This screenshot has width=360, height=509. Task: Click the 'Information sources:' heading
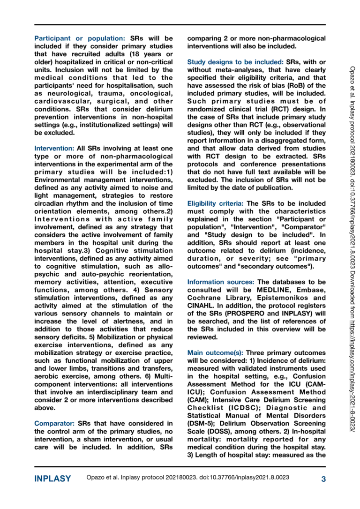pyautogui.click(x=221, y=282)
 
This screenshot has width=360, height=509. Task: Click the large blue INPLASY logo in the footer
pyautogui.click(x=53, y=479)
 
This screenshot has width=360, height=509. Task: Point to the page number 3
pyautogui.click(x=323, y=479)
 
